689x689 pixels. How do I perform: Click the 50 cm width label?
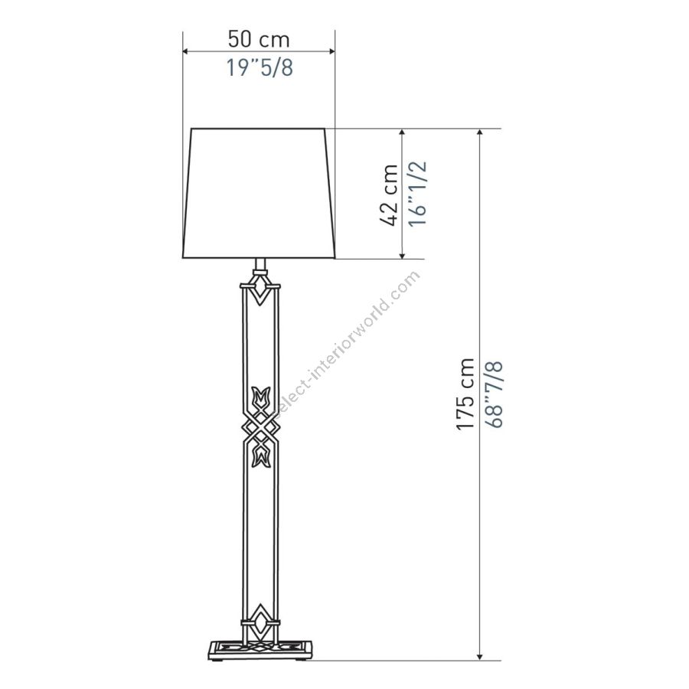tap(259, 39)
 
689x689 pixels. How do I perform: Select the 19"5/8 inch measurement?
tap(260, 67)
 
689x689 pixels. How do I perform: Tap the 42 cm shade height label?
tap(388, 194)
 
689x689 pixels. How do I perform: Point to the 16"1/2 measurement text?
tap(417, 194)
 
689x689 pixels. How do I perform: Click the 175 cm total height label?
tap(465, 393)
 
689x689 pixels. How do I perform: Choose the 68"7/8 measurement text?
tap(494, 394)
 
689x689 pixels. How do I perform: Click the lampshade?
tap(259, 193)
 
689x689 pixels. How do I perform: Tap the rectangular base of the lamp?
tap(260, 650)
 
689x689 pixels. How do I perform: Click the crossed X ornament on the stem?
tap(261, 426)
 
